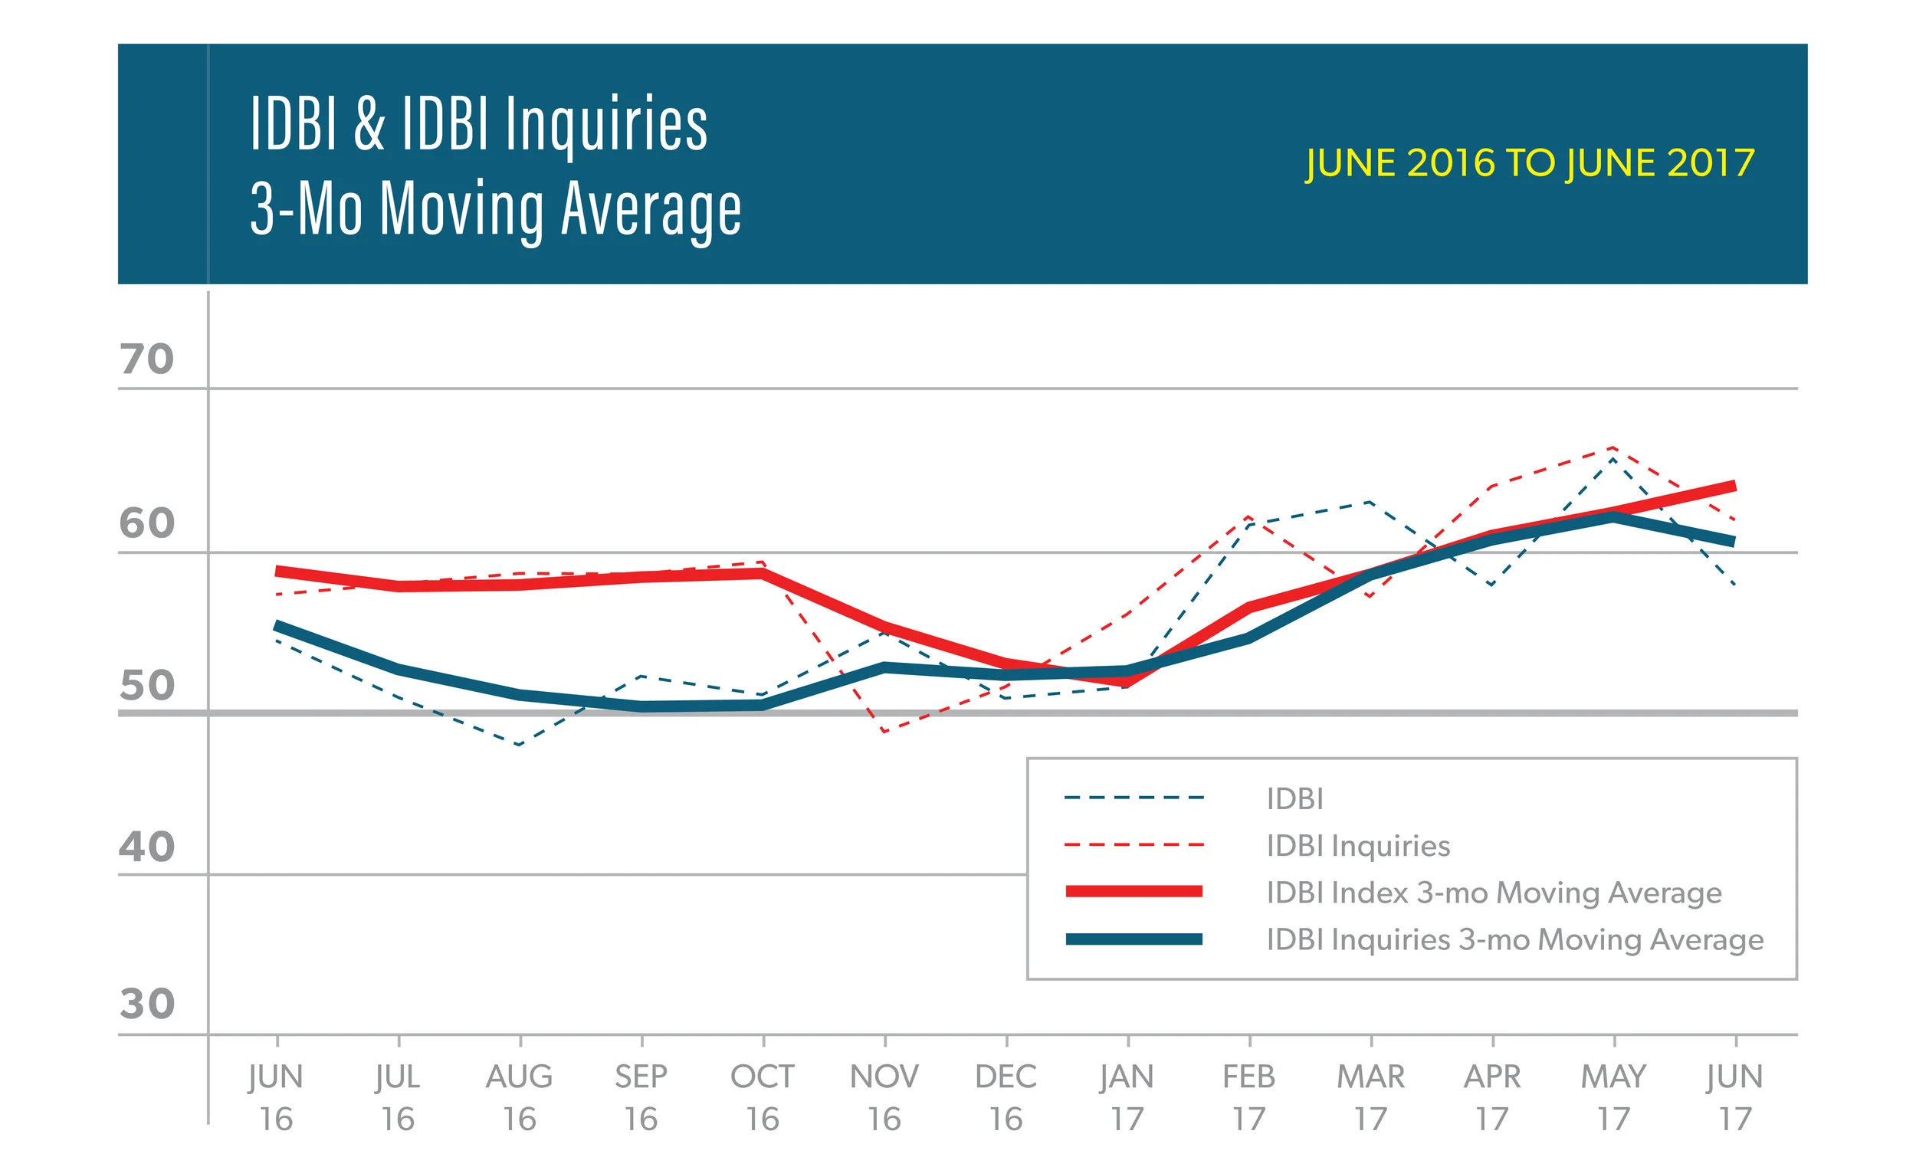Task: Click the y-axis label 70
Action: tap(146, 359)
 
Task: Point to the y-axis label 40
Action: tap(146, 847)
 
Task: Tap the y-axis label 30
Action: tap(146, 1004)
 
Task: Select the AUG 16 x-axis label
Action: tap(520, 1097)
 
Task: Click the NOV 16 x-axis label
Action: tap(884, 1097)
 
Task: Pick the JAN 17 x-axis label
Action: tap(1127, 1097)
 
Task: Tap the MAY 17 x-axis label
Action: tap(1613, 1097)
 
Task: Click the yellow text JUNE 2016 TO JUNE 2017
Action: tap(1529, 163)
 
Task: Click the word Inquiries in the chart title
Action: tap(606, 124)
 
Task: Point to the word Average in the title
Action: tap(651, 210)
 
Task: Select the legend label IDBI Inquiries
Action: tap(1358, 845)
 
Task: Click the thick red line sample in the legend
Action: tap(1133, 892)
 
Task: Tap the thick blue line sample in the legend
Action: tap(1133, 939)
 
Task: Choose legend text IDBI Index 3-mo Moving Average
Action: tap(1493, 893)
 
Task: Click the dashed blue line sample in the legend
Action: tap(1133, 798)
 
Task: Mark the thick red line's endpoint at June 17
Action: tap(1734, 487)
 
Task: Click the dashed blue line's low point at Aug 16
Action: tap(520, 745)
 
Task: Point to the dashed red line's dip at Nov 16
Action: tap(885, 732)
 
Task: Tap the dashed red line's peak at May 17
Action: tap(1614, 447)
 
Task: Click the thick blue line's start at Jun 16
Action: tap(278, 626)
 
